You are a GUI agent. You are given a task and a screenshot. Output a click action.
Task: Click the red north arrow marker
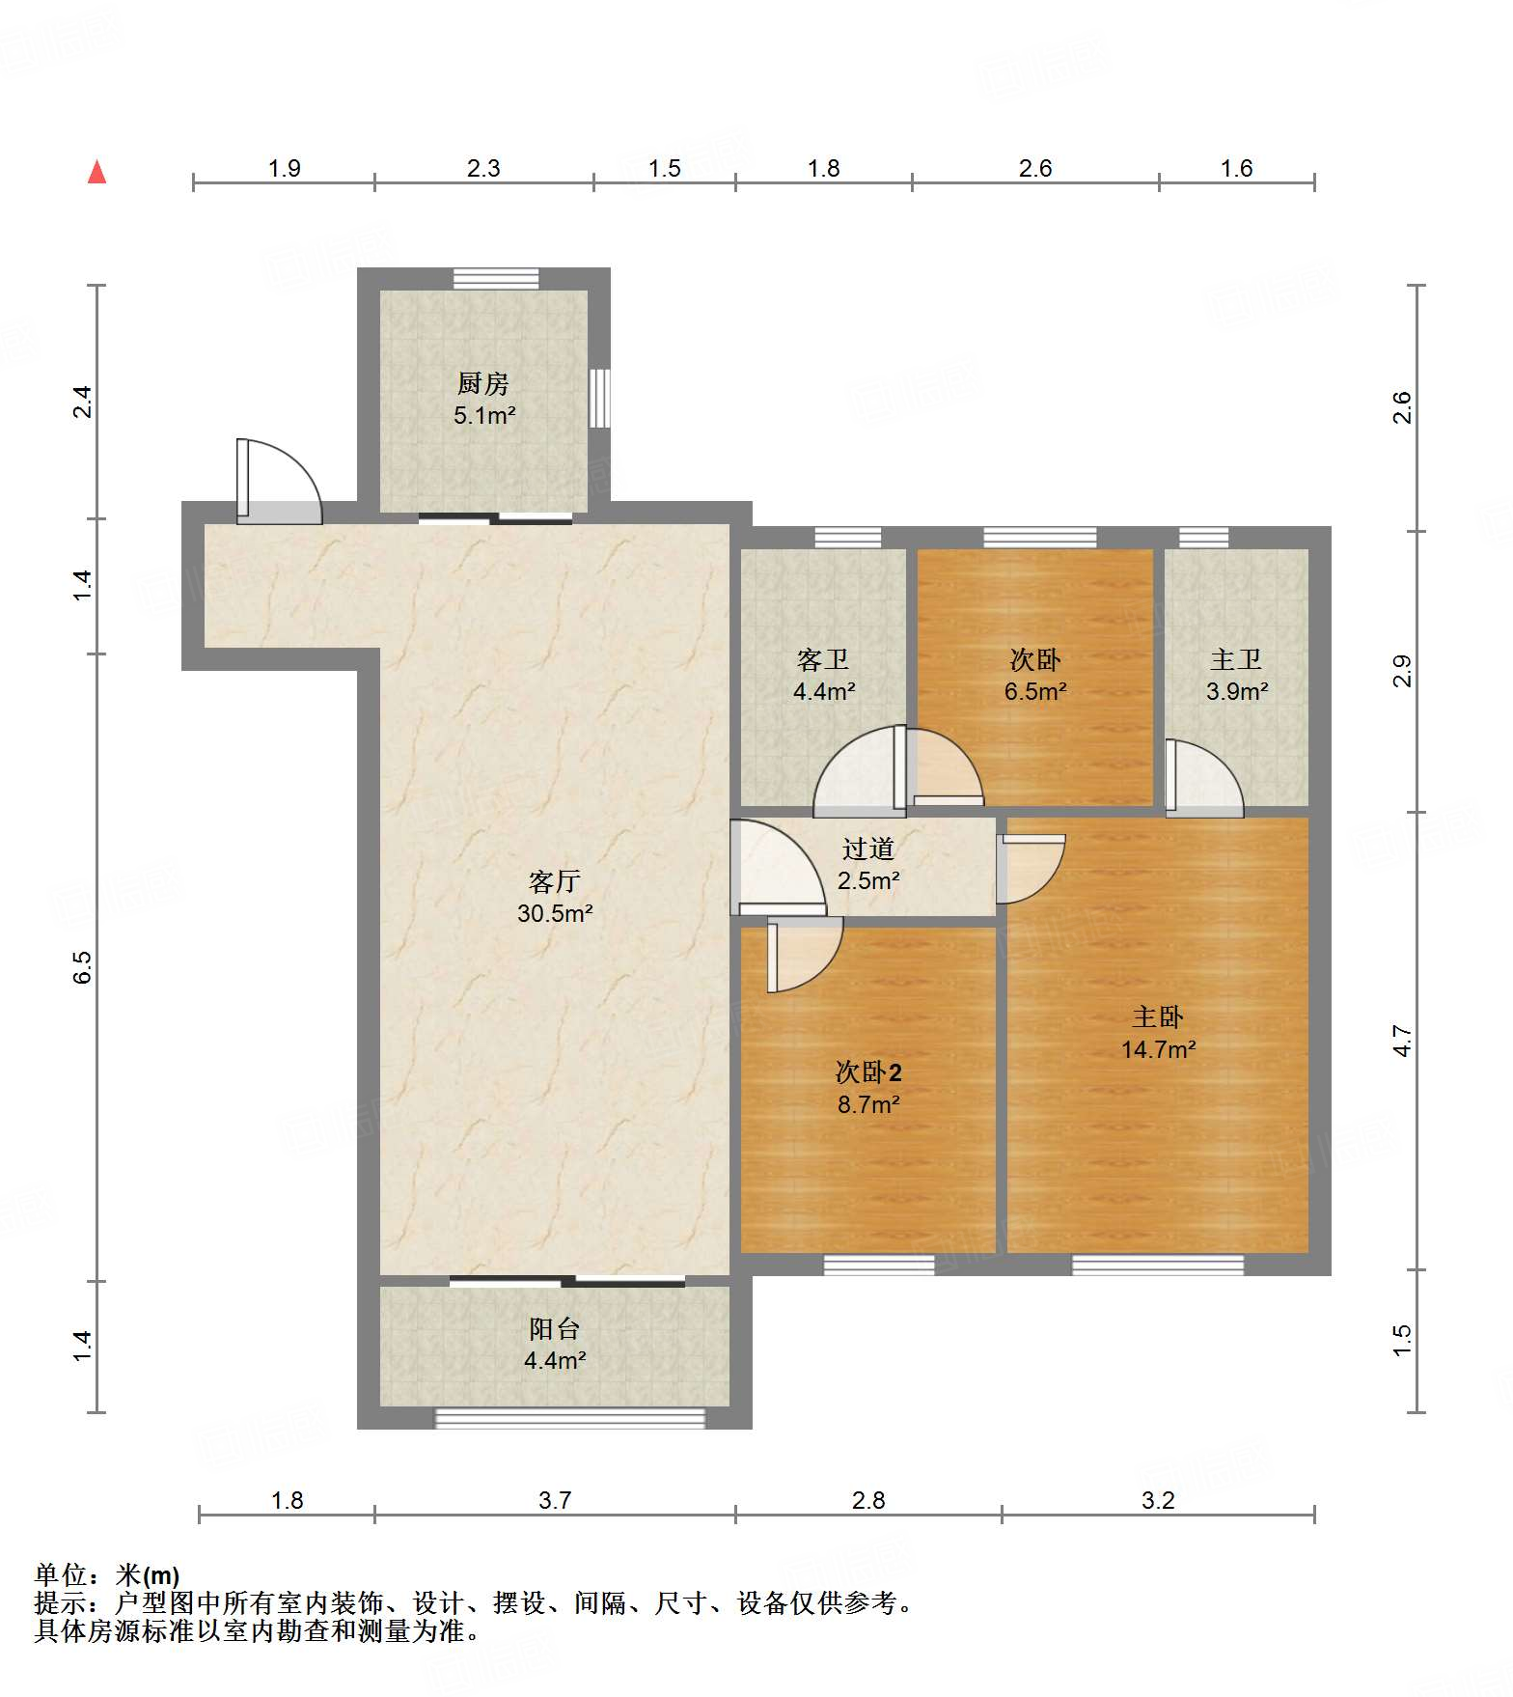96,172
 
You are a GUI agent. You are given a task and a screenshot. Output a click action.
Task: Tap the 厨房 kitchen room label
483,383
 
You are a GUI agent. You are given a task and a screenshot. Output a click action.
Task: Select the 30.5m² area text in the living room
555,912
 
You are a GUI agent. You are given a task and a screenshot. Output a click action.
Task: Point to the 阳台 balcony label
555,1328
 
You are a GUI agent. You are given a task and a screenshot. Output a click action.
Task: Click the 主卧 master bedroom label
1158,1016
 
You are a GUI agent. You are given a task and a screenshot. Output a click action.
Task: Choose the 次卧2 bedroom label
868,1071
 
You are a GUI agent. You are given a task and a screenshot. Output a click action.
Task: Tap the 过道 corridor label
868,848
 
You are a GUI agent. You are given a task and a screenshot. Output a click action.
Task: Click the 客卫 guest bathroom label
823,659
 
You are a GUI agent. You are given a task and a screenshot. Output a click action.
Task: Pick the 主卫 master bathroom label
1236,659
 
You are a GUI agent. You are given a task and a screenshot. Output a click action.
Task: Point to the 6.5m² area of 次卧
1035,691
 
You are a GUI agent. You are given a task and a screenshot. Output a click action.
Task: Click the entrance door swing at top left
280,482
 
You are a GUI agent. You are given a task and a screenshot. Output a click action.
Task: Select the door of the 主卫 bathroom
1204,777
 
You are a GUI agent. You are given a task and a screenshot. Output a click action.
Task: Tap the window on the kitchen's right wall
600,398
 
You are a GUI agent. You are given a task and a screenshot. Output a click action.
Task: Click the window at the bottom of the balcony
570,1418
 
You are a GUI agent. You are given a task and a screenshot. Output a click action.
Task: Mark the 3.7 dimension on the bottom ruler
555,1500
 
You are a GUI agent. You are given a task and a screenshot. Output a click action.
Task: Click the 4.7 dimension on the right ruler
1402,1042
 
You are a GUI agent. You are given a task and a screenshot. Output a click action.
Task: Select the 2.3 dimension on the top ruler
483,168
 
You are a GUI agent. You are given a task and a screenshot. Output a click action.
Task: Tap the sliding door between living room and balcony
567,1282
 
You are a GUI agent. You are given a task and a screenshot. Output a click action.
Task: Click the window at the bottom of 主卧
1158,1265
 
